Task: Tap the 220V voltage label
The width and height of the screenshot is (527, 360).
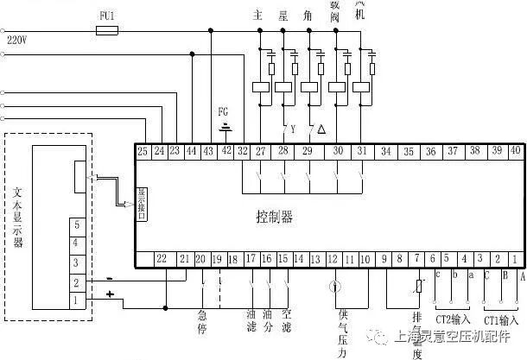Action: click(17, 40)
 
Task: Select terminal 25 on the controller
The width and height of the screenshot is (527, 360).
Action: click(143, 151)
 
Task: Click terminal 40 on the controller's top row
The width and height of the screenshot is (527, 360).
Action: click(516, 151)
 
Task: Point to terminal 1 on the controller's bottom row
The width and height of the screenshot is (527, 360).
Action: click(516, 258)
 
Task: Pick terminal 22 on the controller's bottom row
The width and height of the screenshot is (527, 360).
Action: click(162, 258)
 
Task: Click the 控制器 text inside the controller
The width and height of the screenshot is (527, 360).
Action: click(275, 217)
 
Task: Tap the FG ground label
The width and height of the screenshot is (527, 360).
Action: click(224, 112)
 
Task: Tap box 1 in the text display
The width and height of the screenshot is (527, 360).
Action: click(77, 300)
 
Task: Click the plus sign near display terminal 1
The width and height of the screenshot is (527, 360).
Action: click(109, 294)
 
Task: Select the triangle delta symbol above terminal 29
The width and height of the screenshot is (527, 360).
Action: click(321, 129)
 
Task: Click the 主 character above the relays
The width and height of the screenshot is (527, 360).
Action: click(257, 16)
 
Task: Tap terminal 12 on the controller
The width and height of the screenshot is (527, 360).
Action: click(333, 258)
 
